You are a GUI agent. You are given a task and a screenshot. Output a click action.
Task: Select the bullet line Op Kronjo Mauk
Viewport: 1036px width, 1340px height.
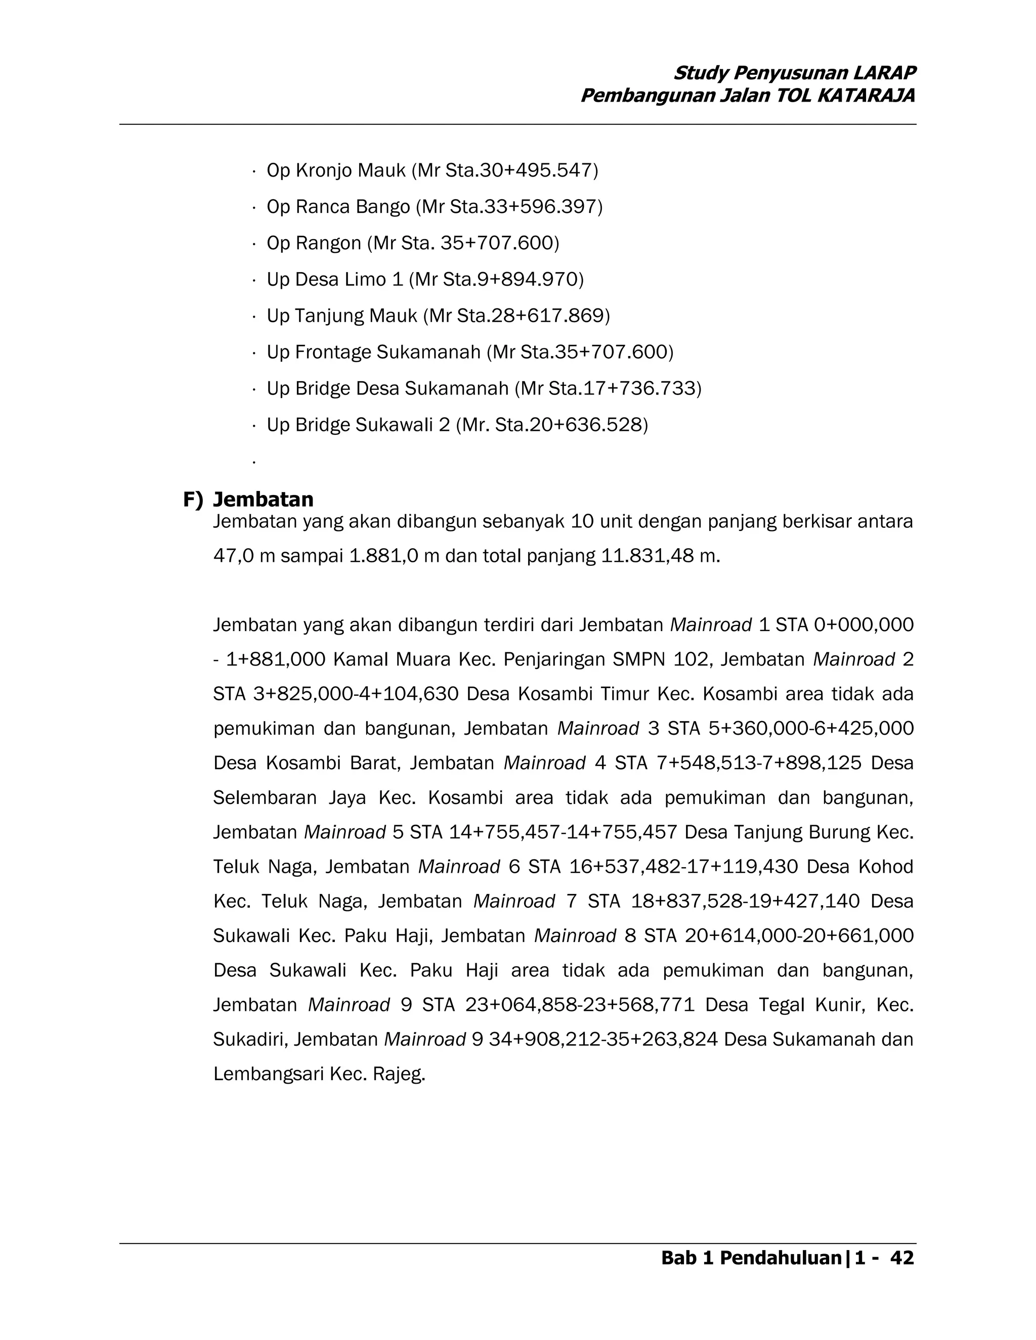point(431,170)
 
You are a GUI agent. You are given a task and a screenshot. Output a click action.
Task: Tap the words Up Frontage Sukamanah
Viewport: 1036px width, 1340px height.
point(373,352)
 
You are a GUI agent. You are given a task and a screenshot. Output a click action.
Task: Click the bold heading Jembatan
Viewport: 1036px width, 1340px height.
point(263,500)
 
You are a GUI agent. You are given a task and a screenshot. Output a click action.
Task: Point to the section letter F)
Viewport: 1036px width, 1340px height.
point(193,500)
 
